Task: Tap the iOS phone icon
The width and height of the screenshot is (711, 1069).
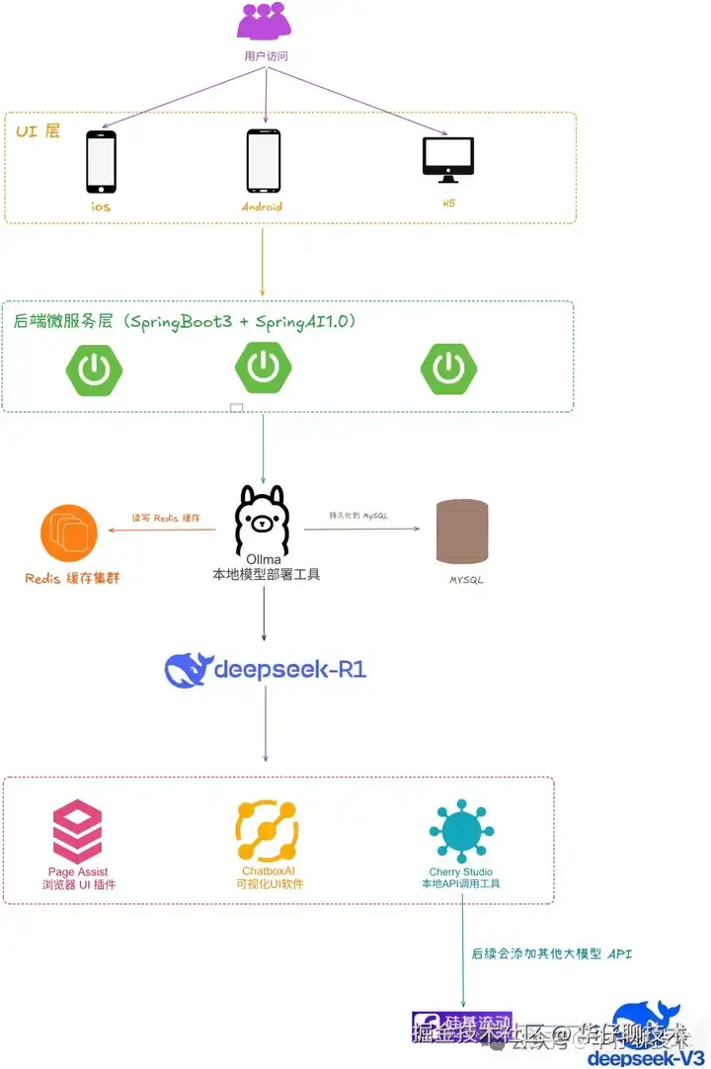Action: (x=101, y=162)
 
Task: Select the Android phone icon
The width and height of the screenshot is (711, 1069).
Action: (x=263, y=161)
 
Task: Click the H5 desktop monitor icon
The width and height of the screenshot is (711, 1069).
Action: (x=448, y=159)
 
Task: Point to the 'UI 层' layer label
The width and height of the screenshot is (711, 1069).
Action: (x=38, y=130)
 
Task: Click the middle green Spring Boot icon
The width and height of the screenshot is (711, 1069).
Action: (x=263, y=367)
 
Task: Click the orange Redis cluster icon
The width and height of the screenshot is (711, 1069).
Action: (x=69, y=534)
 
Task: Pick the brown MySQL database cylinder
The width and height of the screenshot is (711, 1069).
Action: (x=462, y=532)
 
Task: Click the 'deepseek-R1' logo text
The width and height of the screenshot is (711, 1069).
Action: (x=266, y=669)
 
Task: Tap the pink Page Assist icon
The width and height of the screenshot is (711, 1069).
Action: (x=78, y=832)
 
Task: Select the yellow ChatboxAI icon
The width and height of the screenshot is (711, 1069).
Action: (x=267, y=831)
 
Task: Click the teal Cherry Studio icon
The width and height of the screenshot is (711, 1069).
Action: (x=461, y=831)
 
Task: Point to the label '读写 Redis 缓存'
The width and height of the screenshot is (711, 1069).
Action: (x=167, y=518)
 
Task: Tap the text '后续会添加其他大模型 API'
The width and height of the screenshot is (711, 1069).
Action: (x=551, y=953)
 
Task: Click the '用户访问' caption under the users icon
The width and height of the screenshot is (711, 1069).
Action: (x=266, y=56)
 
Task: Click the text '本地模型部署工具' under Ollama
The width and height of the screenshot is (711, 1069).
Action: (x=267, y=574)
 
